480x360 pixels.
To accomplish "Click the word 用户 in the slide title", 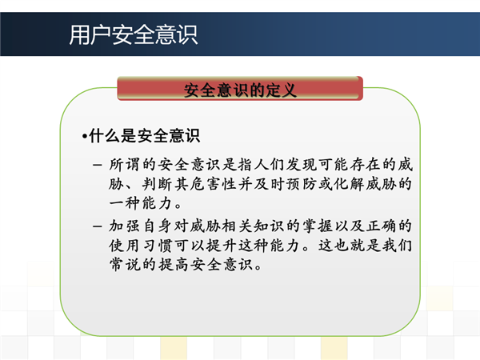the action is (x=90, y=35).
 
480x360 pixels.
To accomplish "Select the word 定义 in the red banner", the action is (x=281, y=90).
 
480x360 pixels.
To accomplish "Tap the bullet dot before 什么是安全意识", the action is (x=85, y=136).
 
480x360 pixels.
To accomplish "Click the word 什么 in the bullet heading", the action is (x=105, y=136).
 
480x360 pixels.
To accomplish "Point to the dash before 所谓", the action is (x=98, y=165).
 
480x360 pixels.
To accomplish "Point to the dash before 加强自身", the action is (x=98, y=226).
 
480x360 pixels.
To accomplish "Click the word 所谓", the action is (x=125, y=165).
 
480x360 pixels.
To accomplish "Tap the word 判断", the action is (x=158, y=184).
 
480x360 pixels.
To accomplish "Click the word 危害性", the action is (x=214, y=184).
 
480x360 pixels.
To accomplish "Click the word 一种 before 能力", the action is (x=125, y=203).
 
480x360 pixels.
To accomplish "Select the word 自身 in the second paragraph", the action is (x=157, y=226).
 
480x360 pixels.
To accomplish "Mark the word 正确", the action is (x=382, y=226).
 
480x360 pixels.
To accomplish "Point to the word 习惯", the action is (x=157, y=246).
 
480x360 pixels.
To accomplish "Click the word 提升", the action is (x=221, y=246).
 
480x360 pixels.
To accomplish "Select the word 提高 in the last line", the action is (x=173, y=265).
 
